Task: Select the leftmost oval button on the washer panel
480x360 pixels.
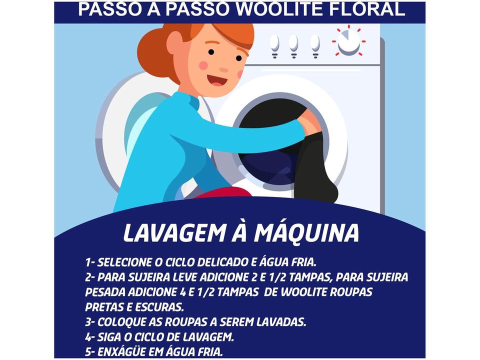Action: tap(274, 43)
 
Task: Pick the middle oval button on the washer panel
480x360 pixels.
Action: tap(293, 43)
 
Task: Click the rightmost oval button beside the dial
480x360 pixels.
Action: tap(314, 43)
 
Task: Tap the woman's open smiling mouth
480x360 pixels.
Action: tap(216, 80)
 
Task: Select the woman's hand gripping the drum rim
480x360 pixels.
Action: tap(310, 122)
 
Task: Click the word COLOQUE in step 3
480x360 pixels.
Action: tap(119, 322)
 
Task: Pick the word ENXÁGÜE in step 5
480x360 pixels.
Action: tap(120, 351)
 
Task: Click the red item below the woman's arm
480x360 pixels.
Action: tap(222, 193)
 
